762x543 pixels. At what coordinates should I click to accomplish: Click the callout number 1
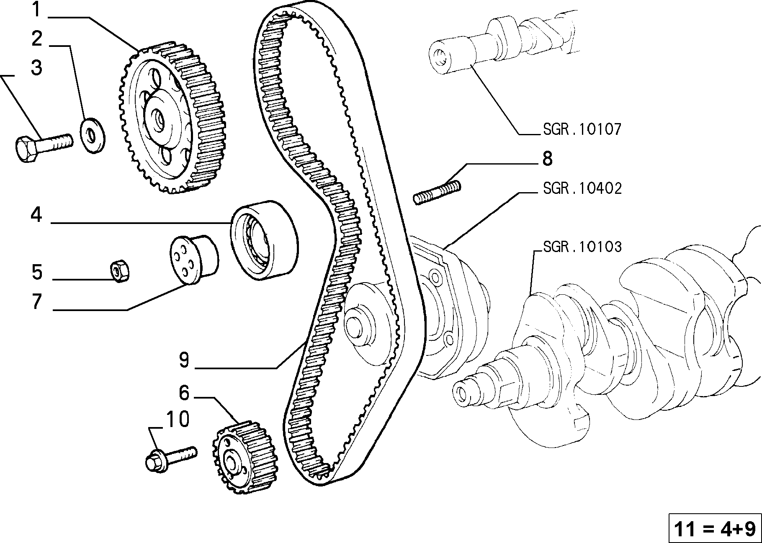[x=37, y=10]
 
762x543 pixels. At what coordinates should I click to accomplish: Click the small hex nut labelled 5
[x=120, y=271]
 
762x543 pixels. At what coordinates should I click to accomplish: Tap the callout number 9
[x=184, y=360]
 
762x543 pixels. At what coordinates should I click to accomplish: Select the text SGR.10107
[x=582, y=129]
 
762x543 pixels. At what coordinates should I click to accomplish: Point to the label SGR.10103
[x=582, y=247]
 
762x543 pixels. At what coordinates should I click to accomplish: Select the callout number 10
[x=178, y=419]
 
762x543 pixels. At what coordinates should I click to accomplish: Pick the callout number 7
[x=37, y=302]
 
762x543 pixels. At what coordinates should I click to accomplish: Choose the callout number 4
[x=37, y=215]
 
